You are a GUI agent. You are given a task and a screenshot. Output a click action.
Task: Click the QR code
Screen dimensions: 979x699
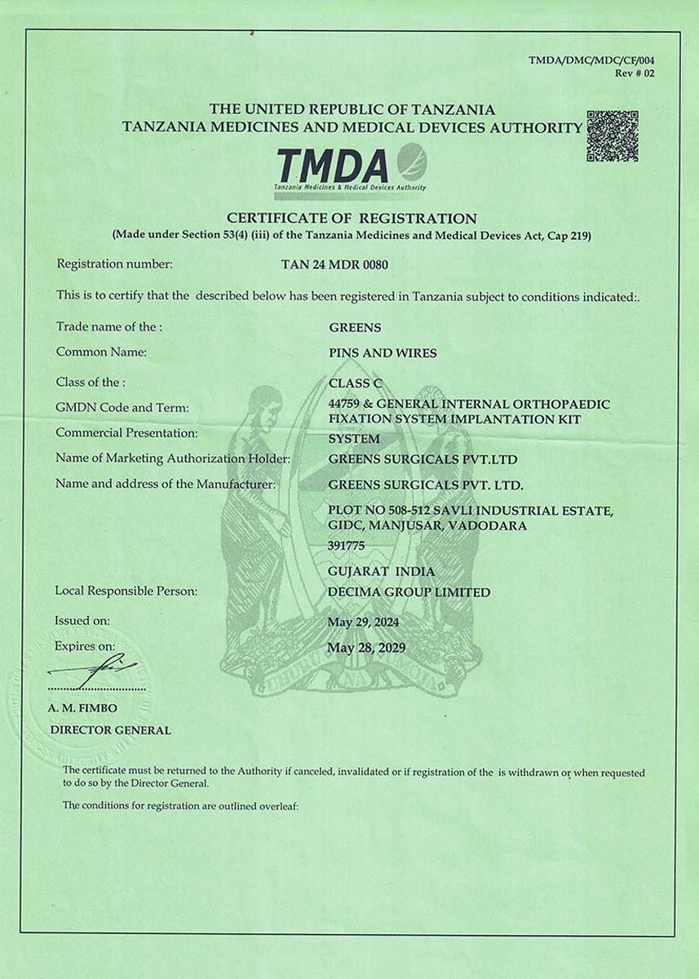[612, 135]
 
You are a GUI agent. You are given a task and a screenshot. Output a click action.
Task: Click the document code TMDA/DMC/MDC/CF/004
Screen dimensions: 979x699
[591, 60]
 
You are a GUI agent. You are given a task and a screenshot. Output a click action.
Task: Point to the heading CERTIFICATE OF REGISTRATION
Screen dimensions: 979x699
[352, 218]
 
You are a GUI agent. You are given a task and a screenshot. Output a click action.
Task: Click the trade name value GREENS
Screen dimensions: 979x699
[355, 327]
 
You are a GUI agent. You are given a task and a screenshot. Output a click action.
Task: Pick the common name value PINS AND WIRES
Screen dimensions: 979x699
[383, 353]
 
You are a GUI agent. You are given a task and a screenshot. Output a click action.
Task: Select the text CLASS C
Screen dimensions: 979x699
[354, 383]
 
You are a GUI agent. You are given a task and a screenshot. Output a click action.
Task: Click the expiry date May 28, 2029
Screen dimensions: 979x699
[366, 648]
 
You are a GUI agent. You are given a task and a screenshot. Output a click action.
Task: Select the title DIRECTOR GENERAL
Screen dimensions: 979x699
[111, 730]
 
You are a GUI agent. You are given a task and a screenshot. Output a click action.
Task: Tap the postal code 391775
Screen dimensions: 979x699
[346, 546]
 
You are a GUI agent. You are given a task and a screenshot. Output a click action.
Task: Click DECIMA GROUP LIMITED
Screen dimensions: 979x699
[409, 592]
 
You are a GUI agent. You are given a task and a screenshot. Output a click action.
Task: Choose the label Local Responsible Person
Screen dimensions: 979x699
[126, 591]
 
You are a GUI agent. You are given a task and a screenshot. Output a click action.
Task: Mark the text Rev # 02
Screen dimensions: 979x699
[635, 73]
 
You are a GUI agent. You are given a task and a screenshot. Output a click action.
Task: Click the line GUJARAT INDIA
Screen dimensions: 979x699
[381, 570]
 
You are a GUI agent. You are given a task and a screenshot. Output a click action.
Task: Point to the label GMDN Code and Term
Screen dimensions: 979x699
[122, 407]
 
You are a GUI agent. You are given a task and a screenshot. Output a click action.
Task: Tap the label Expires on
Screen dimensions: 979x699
[85, 646]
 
